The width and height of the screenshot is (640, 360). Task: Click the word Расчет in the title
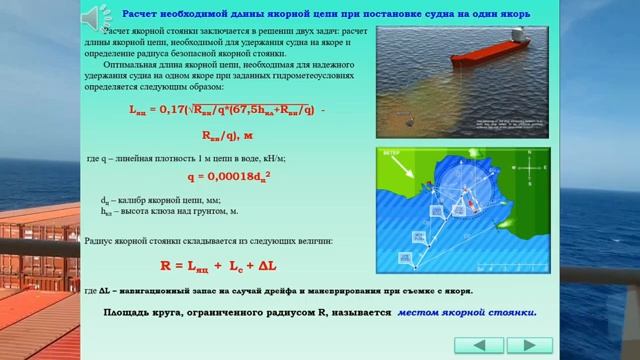142,15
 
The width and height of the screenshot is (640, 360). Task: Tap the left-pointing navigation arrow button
483,345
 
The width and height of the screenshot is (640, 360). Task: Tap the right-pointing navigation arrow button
529,345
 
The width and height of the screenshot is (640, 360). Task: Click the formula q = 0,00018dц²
230,177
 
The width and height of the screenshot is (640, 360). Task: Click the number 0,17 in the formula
174,109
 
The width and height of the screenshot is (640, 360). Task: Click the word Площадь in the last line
130,312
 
